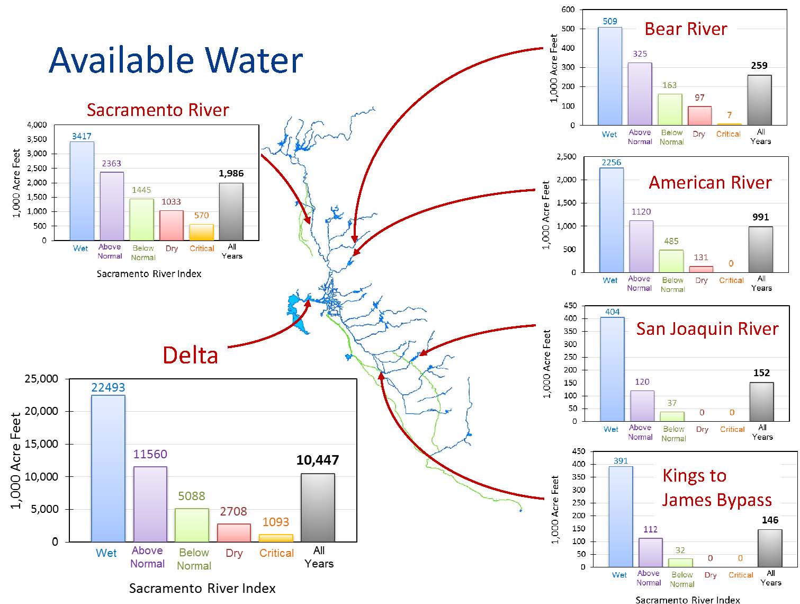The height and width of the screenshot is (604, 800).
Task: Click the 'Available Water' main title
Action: pos(175,60)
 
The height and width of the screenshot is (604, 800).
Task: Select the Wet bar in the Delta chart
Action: pos(108,468)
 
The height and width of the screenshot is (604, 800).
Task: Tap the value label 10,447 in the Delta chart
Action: pos(318,460)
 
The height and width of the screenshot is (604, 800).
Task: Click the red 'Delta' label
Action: pos(190,355)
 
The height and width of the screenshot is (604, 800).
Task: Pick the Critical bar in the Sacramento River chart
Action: pos(201,233)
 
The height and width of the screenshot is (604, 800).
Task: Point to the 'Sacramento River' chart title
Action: pos(158,110)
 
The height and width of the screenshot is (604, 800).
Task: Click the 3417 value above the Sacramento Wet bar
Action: pos(82,136)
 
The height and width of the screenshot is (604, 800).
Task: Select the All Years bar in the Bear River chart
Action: pos(760,100)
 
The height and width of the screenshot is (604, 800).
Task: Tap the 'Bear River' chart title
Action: pos(686,29)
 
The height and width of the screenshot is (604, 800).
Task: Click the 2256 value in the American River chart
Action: pos(611,163)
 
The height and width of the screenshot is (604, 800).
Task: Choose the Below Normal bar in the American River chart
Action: pos(671,261)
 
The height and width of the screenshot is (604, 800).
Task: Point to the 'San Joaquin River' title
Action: pos(707,328)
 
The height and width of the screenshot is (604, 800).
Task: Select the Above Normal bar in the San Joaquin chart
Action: pos(642,406)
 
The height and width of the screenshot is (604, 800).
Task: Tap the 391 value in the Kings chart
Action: pos(621,461)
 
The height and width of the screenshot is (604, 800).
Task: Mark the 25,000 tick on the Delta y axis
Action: pos(41,379)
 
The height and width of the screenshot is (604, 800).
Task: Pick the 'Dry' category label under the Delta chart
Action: pos(234,553)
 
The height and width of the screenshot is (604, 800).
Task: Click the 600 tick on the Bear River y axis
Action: pos(568,10)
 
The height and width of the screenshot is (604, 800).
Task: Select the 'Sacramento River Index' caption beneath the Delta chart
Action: pos(202,588)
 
